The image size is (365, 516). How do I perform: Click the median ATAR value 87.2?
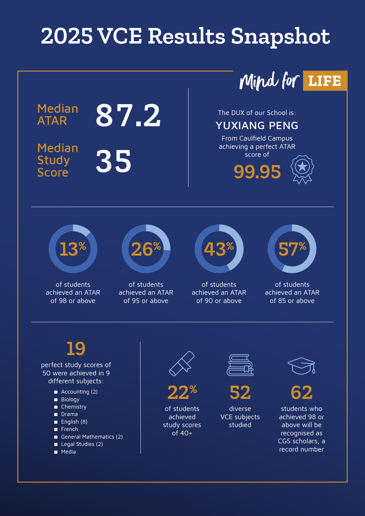[128, 116]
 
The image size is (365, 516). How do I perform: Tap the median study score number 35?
[114, 161]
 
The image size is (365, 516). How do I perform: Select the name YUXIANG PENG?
[257, 126]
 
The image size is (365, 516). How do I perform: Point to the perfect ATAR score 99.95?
[257, 172]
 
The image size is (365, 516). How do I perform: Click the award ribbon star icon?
[302, 169]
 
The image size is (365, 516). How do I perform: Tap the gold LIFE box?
[325, 81]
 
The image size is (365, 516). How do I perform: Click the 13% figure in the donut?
[73, 249]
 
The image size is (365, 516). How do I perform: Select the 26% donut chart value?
[146, 249]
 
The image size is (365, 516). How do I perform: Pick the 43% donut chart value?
[219, 249]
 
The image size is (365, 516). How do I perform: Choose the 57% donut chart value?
[292, 249]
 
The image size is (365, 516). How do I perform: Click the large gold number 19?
[76, 349]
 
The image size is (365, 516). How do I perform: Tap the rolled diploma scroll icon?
[182, 364]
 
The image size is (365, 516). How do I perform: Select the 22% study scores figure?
[182, 392]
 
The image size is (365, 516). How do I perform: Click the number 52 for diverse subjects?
[240, 392]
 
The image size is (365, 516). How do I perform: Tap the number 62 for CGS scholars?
[301, 392]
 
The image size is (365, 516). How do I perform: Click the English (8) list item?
[74, 422]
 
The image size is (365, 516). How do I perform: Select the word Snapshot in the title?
[281, 36]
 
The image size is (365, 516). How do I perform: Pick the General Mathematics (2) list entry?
[92, 437]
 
